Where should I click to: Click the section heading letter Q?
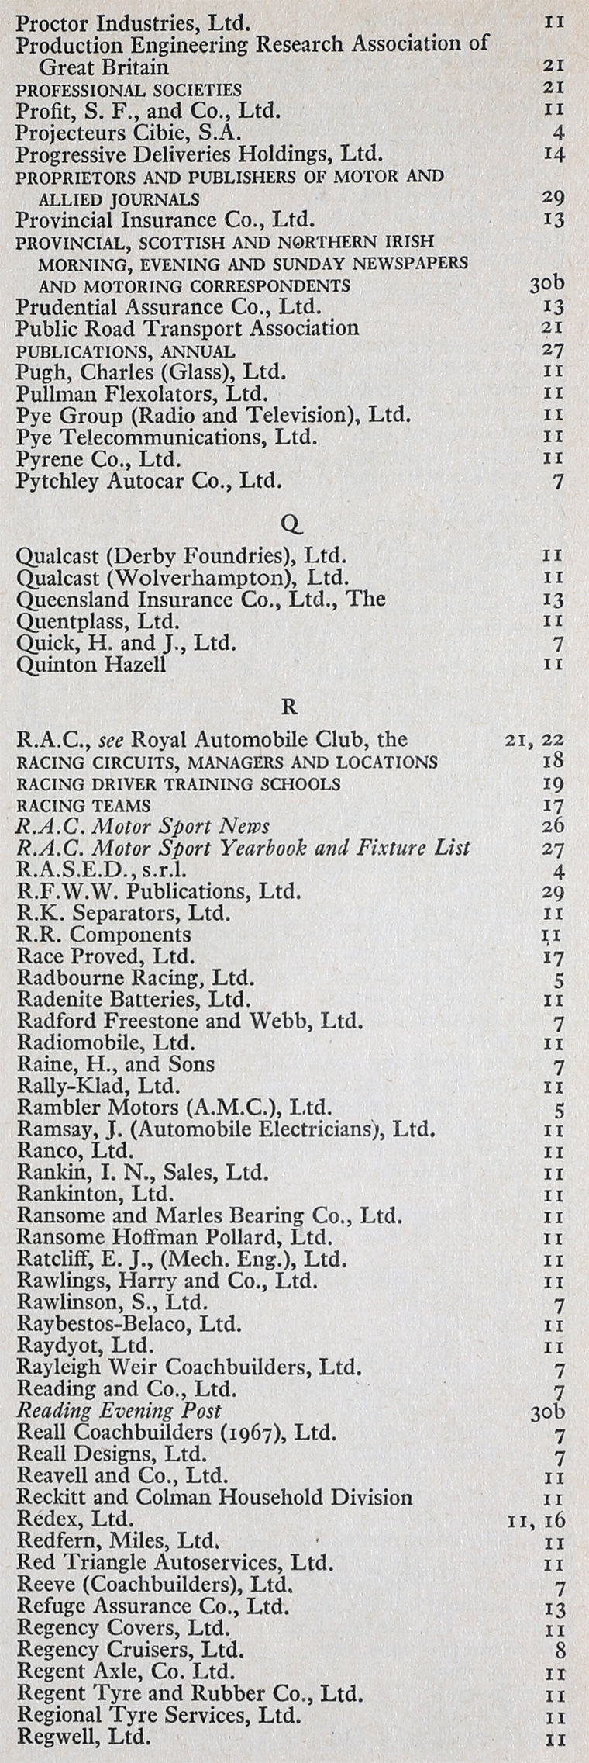291,525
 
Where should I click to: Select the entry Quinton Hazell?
91,664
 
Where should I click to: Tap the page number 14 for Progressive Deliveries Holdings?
553,154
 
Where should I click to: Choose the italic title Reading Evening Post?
119,1410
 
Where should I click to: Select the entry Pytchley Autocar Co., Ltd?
149,481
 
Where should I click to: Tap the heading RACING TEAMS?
84,806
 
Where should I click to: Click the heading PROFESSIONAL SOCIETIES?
129,90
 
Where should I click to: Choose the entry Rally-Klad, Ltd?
98,1085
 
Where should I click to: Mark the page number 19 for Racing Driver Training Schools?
553,784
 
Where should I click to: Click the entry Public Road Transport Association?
187,328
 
